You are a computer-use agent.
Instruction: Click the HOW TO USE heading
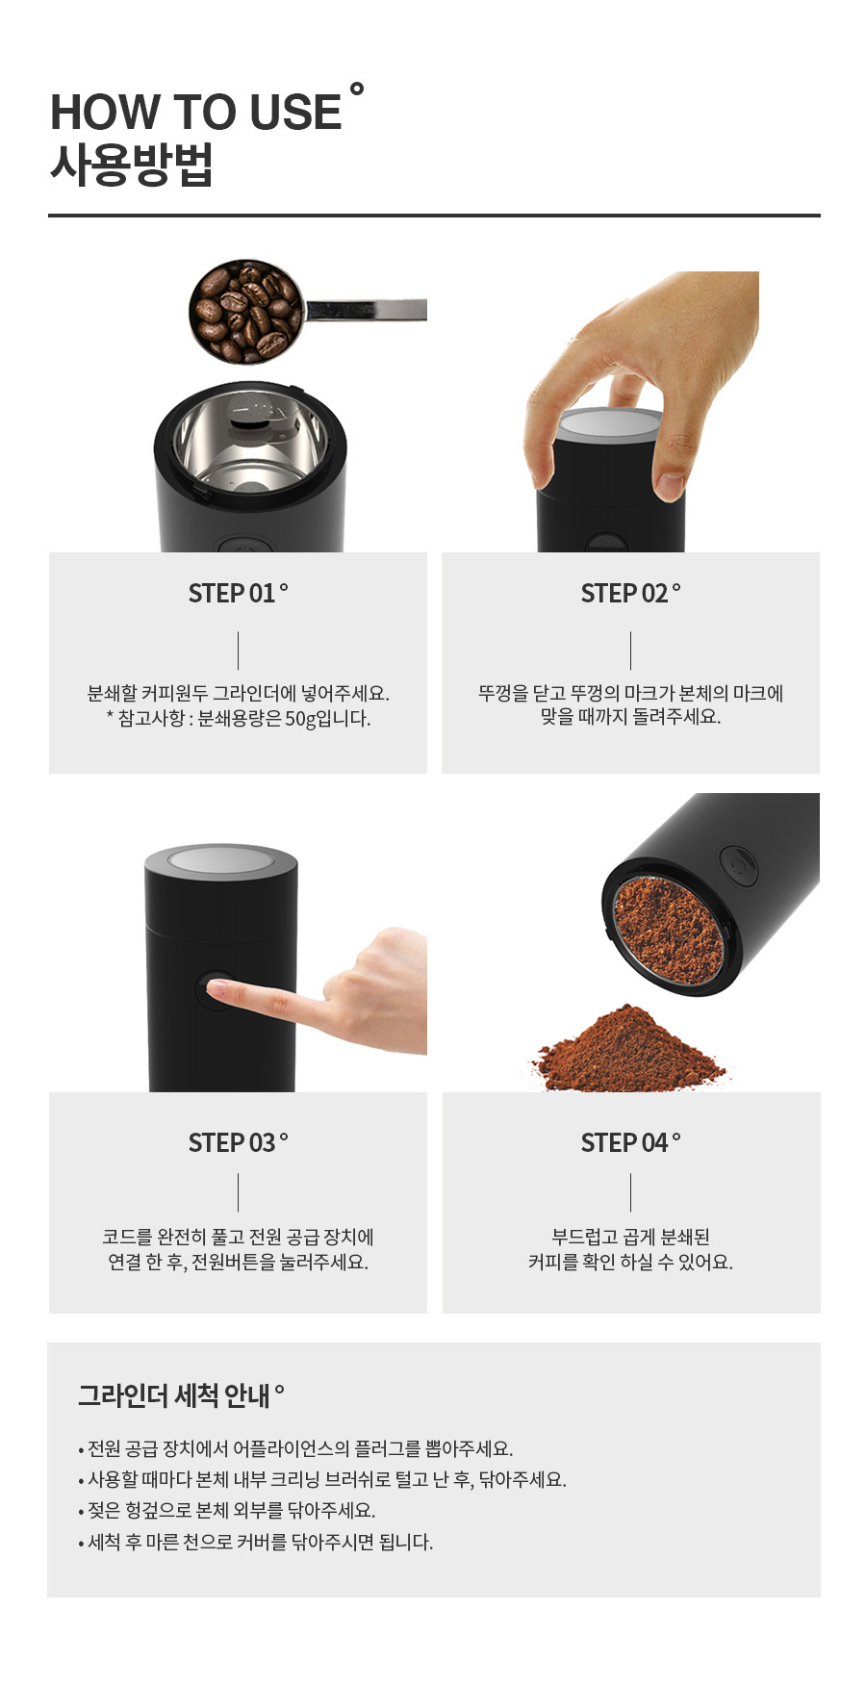[x=196, y=112]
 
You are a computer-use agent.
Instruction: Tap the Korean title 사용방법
[x=131, y=165]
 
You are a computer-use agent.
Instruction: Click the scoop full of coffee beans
[x=245, y=310]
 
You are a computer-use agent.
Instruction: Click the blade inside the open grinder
[x=252, y=423]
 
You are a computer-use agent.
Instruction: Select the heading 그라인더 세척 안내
[x=174, y=1395]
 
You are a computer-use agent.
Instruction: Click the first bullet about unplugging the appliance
[x=295, y=1448]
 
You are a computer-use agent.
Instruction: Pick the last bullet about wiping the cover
[x=256, y=1542]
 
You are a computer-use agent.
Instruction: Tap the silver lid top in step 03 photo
[x=220, y=859]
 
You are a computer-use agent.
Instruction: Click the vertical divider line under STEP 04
[x=631, y=1192]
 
